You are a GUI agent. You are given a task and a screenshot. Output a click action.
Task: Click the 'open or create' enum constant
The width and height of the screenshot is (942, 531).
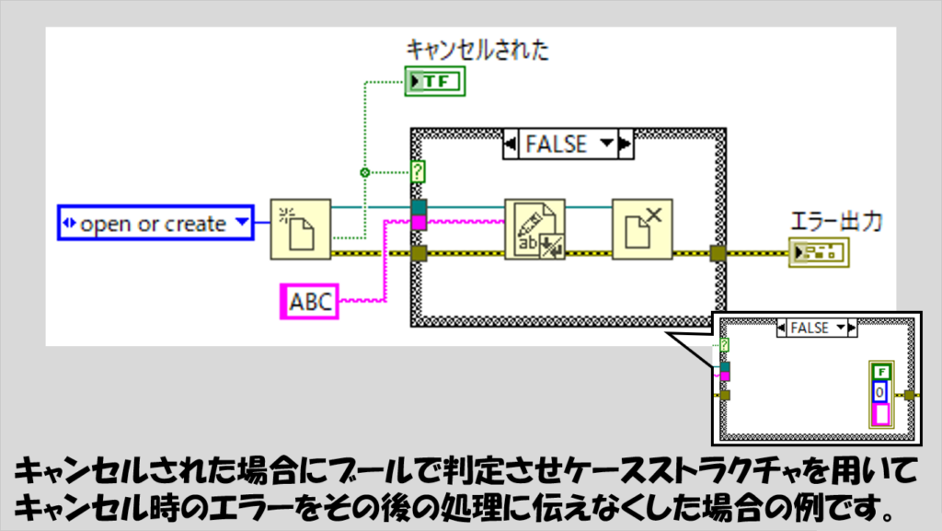pyautogui.click(x=155, y=223)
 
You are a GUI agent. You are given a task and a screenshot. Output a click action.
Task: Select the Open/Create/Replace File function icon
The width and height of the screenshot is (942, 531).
pyautogui.click(x=301, y=229)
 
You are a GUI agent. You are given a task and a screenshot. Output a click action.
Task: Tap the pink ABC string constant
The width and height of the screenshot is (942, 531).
pyautogui.click(x=309, y=302)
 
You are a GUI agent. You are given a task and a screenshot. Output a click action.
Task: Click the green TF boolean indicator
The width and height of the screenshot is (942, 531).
pyautogui.click(x=435, y=81)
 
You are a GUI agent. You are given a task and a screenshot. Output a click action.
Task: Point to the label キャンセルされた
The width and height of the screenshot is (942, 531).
pyautogui.click(x=477, y=50)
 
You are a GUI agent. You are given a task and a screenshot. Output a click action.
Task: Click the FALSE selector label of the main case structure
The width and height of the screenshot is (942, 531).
pyautogui.click(x=557, y=144)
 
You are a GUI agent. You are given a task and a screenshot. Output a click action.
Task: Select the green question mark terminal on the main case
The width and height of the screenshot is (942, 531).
pyautogui.click(x=418, y=172)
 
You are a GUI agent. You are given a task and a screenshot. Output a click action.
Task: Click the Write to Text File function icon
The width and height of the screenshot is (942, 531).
pyautogui.click(x=534, y=229)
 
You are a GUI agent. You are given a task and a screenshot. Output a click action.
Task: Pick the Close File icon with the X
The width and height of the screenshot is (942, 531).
pyautogui.click(x=642, y=229)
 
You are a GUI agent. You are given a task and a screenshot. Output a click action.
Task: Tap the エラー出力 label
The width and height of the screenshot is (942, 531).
pyautogui.click(x=836, y=222)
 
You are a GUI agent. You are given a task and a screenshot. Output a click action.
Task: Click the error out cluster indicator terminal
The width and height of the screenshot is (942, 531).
pyautogui.click(x=819, y=252)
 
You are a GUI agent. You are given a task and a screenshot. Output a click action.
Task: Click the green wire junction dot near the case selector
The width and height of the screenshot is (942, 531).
pyautogui.click(x=364, y=173)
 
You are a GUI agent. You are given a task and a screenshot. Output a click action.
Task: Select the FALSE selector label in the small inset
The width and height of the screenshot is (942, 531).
pyautogui.click(x=810, y=328)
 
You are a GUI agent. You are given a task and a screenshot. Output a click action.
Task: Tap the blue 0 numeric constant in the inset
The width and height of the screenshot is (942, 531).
pyautogui.click(x=880, y=392)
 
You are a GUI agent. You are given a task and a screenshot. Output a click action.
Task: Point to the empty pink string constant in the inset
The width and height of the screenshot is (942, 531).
pyautogui.click(x=881, y=414)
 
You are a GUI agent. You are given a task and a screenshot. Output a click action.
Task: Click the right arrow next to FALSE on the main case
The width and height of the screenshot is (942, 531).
pyautogui.click(x=626, y=144)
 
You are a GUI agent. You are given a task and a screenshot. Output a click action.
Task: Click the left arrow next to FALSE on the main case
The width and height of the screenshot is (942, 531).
pyautogui.click(x=510, y=144)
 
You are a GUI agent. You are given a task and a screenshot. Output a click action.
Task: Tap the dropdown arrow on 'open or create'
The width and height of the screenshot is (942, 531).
pyautogui.click(x=242, y=222)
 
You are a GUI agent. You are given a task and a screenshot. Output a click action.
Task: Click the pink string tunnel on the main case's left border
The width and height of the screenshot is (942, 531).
pyautogui.click(x=419, y=223)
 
